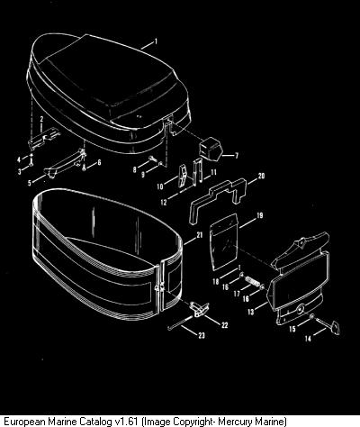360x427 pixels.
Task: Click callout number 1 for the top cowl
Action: pyautogui.click(x=156, y=41)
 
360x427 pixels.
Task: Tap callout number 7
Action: pyautogui.click(x=237, y=156)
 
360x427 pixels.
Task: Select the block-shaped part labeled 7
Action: pyautogui.click(x=211, y=149)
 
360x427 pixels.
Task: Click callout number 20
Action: pyautogui.click(x=261, y=176)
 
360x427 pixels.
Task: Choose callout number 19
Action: pyautogui.click(x=260, y=215)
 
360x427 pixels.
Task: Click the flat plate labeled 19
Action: pyautogui.click(x=223, y=241)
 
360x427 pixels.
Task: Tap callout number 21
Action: pyautogui.click(x=200, y=235)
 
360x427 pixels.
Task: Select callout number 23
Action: pyautogui.click(x=202, y=335)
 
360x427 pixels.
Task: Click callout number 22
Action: pyautogui.click(x=224, y=325)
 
